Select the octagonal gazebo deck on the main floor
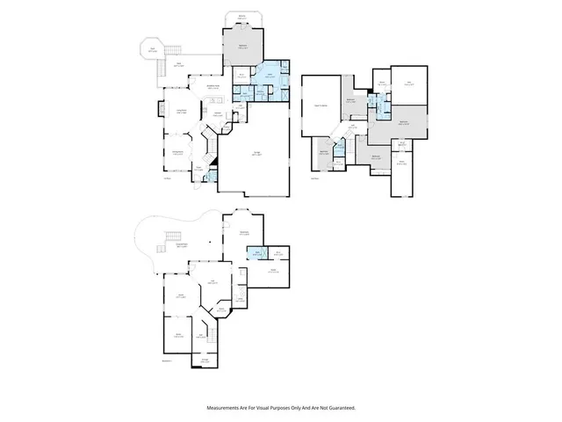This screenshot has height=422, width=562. coord(153,52)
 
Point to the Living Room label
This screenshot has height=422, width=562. coord(182,111)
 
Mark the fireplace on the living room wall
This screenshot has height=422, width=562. coord(160,111)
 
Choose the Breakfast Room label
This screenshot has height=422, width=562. coord(213,86)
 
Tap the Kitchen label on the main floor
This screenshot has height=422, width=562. coord(216,114)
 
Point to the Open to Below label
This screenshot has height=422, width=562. coord(321,105)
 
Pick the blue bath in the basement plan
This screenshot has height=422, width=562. coord(258,254)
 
